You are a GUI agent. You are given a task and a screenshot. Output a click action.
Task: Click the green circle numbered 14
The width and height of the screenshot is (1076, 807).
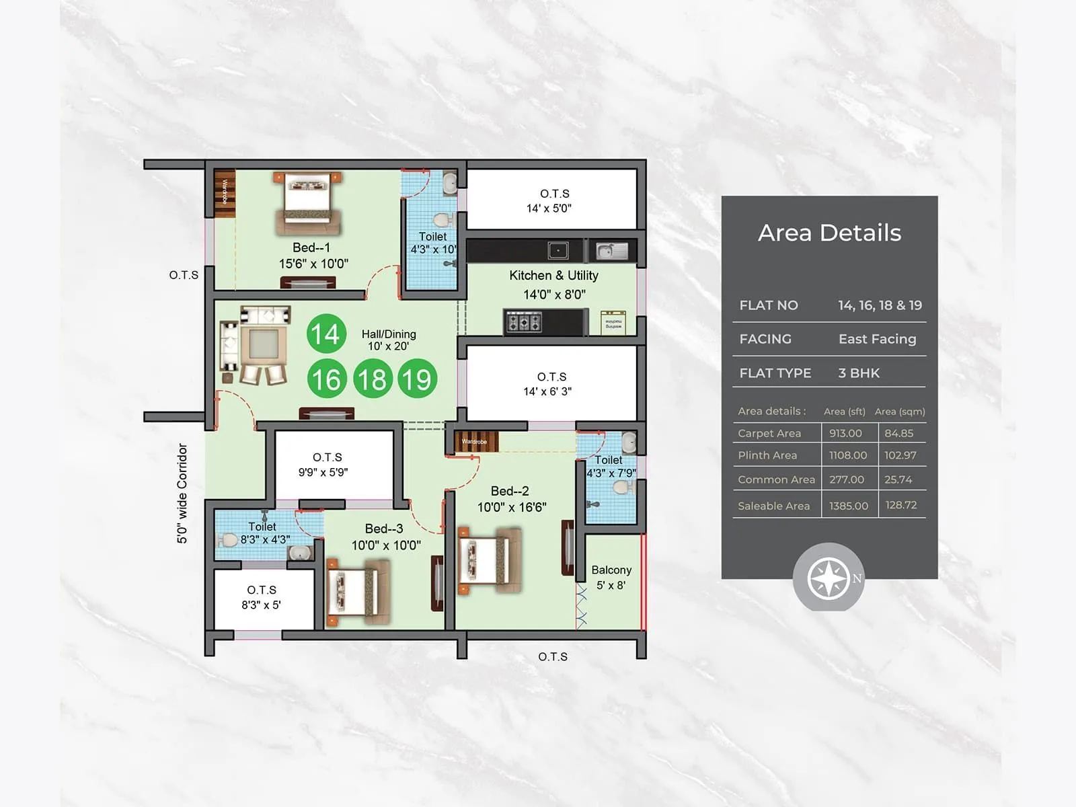click(x=326, y=334)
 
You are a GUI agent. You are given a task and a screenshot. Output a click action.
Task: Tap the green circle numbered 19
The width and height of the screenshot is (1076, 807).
click(x=417, y=379)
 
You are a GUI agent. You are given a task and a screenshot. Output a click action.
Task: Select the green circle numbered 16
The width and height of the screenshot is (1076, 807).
click(x=327, y=379)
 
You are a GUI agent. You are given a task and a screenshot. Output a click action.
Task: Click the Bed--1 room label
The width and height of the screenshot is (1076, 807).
click(x=311, y=247)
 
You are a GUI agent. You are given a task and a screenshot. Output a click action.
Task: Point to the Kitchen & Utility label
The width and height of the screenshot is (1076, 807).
click(x=553, y=276)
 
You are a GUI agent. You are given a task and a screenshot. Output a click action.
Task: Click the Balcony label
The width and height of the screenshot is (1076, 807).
click(x=611, y=570)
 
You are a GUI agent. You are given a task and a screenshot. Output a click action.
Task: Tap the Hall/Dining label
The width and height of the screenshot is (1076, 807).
click(x=389, y=334)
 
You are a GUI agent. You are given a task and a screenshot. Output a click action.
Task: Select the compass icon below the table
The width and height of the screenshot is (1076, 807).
click(x=828, y=578)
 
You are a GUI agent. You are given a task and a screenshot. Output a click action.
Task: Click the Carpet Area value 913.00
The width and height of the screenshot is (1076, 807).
click(x=845, y=433)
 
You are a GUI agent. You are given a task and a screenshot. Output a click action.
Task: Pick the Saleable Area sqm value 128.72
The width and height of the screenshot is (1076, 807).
click(x=901, y=505)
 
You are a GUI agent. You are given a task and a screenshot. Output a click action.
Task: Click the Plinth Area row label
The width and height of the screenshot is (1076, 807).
click(x=767, y=455)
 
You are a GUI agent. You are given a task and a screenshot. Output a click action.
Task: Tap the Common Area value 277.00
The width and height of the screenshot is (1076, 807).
click(x=847, y=479)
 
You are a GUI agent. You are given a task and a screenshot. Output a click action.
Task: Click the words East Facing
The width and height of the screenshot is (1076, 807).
click(x=877, y=339)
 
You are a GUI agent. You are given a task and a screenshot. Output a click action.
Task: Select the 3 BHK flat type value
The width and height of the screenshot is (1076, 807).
click(x=859, y=373)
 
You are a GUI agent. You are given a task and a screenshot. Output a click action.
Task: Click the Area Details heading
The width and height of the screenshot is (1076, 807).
click(x=829, y=233)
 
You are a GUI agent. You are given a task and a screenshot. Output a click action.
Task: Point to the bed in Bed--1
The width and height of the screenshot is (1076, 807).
click(x=307, y=202)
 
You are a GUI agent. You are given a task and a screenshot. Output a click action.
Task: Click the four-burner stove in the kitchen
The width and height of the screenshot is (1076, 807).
click(x=524, y=322)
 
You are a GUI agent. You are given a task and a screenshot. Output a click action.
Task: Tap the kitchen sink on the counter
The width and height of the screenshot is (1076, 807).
click(x=611, y=251)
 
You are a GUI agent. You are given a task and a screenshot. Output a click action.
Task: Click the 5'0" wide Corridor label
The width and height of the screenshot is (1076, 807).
click(x=182, y=493)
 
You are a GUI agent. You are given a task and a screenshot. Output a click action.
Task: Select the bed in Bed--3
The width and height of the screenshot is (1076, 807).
click(x=358, y=592)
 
